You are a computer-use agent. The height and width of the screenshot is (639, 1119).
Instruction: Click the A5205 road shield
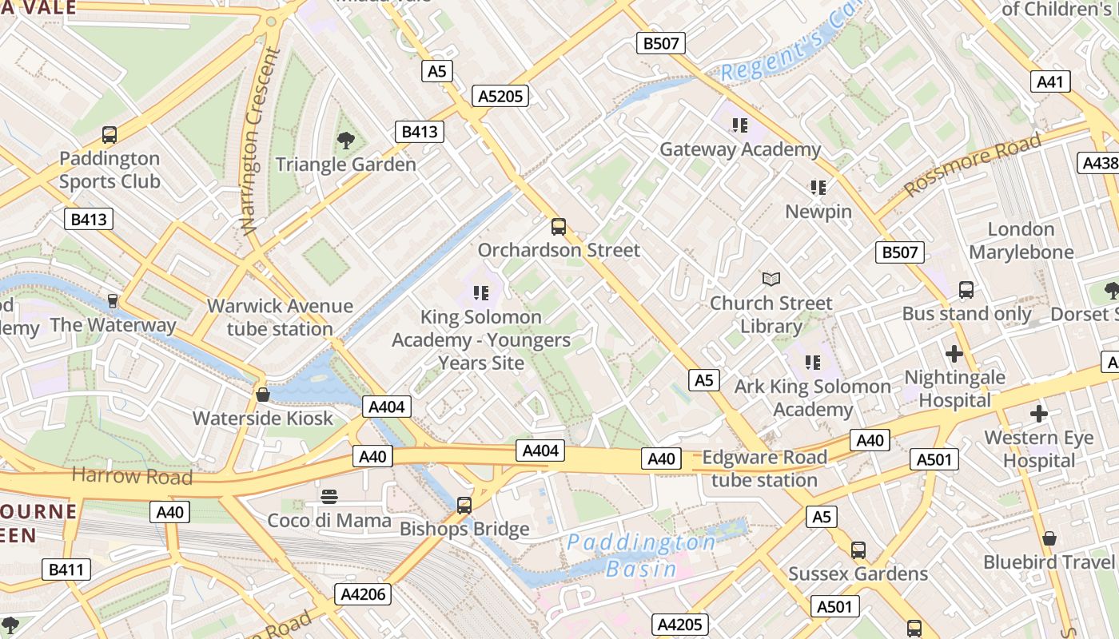[500, 97]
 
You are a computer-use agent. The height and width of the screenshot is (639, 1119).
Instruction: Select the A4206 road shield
[363, 594]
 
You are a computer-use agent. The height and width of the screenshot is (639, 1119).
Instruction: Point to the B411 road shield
[66, 570]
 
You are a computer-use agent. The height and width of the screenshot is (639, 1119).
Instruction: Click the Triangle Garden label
[345, 165]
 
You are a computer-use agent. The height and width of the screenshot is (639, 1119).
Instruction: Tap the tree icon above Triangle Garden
[345, 141]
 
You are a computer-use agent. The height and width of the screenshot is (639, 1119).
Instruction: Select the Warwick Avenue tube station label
[280, 317]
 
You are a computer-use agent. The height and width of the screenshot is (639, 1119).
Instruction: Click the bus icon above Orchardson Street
[559, 227]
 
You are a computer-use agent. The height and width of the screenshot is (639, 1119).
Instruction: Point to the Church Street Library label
[771, 315]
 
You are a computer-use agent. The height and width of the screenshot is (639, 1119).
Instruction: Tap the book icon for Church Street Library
[771, 280]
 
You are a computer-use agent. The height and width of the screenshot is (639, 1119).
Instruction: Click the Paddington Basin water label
[642, 555]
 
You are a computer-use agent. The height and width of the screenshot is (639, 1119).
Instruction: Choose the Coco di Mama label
[329, 521]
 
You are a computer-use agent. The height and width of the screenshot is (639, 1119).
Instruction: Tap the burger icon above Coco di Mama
[329, 497]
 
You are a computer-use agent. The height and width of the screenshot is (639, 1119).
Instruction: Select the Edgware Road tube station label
[764, 469]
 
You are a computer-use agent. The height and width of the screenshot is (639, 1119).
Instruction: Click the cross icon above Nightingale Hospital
[954, 353]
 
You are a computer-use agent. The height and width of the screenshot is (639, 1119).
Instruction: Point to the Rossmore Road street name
[973, 165]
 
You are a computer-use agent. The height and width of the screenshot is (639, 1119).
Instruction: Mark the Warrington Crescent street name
[261, 141]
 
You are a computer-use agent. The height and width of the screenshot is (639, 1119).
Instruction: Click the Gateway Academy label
[739, 149]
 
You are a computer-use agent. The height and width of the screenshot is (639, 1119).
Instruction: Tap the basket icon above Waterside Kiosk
[262, 395]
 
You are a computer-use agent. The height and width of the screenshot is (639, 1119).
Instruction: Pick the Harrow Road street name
[132, 477]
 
